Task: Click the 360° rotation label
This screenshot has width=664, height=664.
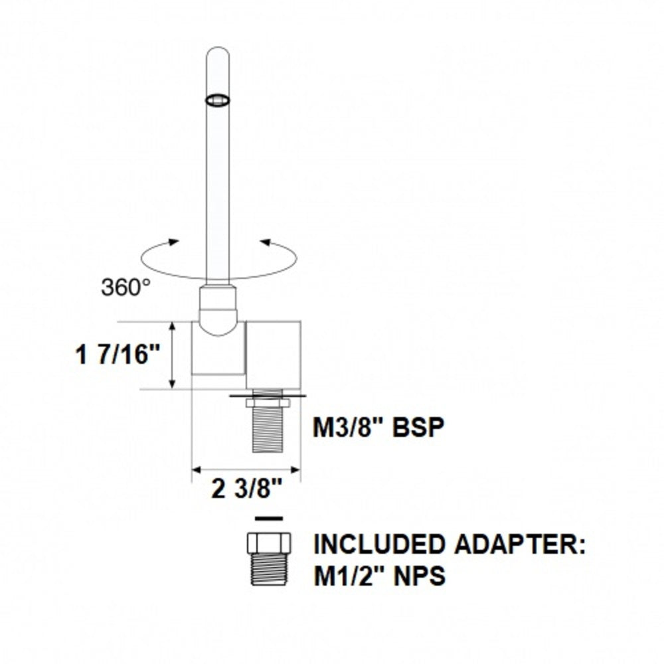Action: pos(125,286)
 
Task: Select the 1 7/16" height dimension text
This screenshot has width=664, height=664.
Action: pos(119,355)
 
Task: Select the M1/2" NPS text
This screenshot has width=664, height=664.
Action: pos(379,575)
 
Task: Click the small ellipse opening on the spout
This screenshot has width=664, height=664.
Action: pos(218,100)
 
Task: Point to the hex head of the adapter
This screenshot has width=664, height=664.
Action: pos(268,542)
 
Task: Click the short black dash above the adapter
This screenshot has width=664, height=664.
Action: pos(268,517)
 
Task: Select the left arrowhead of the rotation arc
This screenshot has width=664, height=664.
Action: pos(174,242)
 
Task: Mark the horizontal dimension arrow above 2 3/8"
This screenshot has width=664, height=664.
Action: pos(246,470)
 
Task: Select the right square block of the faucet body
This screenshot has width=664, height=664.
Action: pos(274,354)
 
